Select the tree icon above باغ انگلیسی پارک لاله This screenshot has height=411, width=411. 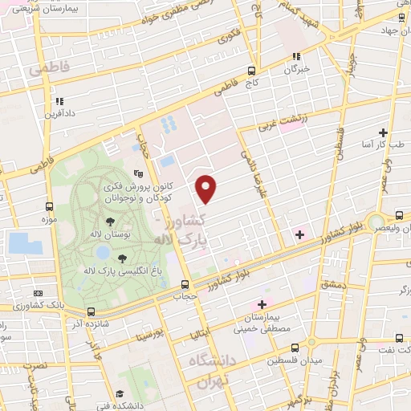point(122,258)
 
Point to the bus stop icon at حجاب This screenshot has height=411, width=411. point(185,284)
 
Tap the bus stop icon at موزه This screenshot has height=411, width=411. point(50,205)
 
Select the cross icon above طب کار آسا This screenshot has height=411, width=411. point(384,132)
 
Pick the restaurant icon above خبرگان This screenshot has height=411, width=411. point(296,56)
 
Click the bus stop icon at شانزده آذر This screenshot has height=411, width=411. point(91,311)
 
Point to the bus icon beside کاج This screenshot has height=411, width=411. point(252,71)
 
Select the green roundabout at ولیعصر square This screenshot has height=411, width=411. point(375,222)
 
